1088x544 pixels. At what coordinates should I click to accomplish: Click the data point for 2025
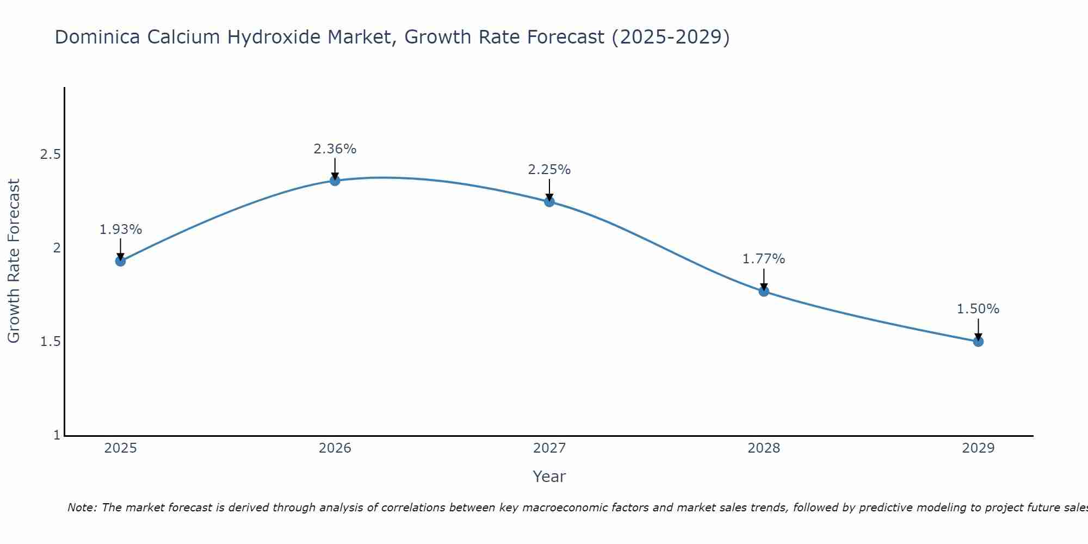(x=120, y=261)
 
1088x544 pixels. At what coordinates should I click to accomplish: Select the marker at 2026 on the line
(x=335, y=181)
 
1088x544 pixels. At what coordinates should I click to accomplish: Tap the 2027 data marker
(x=549, y=202)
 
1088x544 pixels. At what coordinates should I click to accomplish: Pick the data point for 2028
(x=764, y=291)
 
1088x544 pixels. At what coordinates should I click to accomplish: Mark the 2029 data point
(x=978, y=342)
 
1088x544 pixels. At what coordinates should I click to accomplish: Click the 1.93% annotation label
(x=120, y=230)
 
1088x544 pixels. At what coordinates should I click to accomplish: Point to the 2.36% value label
(x=335, y=149)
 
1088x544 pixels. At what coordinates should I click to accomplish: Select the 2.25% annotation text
(x=549, y=170)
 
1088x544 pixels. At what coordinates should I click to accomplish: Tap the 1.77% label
(x=764, y=259)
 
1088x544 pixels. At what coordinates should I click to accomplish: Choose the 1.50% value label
(x=978, y=309)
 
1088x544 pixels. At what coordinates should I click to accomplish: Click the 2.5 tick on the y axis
(x=50, y=154)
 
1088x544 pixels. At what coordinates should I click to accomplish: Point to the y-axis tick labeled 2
(x=55, y=248)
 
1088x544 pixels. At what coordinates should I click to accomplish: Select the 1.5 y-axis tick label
(x=50, y=342)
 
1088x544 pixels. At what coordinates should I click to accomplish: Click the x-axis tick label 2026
(x=335, y=448)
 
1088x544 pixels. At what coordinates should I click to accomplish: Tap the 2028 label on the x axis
(x=764, y=448)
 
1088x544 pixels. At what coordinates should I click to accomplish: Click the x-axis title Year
(x=549, y=477)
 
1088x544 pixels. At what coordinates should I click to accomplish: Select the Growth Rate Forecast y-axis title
(x=14, y=261)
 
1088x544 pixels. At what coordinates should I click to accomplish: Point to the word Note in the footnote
(x=82, y=508)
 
